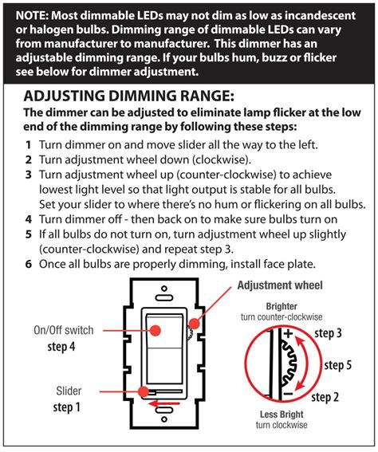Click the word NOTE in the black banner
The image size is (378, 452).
(x=31, y=15)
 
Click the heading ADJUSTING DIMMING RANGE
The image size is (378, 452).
(x=128, y=96)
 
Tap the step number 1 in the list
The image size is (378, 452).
(x=28, y=145)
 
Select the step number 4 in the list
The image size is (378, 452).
(x=28, y=219)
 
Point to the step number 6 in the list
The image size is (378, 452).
(x=28, y=264)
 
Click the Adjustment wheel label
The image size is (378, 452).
(x=280, y=285)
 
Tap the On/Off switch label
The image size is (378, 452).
(x=64, y=330)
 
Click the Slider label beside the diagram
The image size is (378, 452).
(x=69, y=391)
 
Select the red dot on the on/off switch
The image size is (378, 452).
(x=156, y=330)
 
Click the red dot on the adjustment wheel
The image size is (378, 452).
(x=195, y=324)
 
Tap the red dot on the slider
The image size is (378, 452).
(x=144, y=391)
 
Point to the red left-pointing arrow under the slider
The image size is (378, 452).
(x=163, y=403)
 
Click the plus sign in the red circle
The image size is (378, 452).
(x=289, y=334)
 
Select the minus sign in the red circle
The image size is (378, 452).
(x=288, y=394)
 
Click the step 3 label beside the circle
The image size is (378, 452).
(x=328, y=333)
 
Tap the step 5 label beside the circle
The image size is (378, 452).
(x=338, y=365)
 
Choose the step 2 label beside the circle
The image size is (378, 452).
(x=325, y=397)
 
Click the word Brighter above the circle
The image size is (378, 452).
(x=282, y=306)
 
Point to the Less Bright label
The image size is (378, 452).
(x=282, y=415)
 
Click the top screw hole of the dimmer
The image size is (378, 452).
(x=164, y=289)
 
